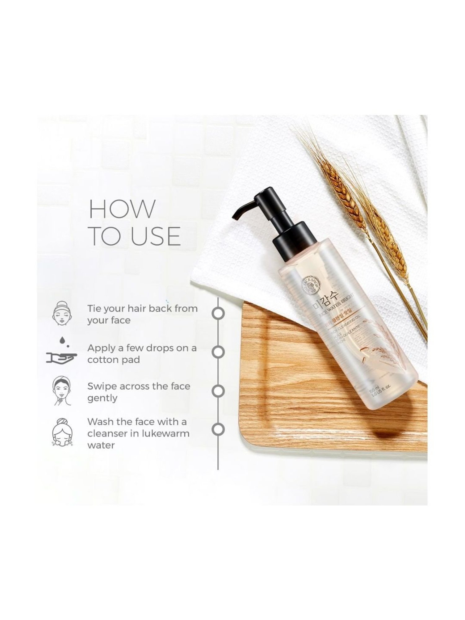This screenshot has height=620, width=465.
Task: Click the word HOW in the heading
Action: (122, 209)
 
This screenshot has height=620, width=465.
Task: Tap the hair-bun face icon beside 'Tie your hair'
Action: (62, 314)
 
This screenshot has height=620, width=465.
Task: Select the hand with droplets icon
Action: (62, 353)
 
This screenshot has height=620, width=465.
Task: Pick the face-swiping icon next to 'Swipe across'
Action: (62, 391)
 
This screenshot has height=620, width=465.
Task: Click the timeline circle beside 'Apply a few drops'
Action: (218, 352)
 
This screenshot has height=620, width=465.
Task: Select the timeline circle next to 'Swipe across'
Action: (218, 391)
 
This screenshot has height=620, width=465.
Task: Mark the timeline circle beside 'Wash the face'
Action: (218, 429)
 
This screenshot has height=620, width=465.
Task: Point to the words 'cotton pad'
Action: (113, 360)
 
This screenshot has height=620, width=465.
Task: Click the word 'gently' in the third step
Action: (102, 398)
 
